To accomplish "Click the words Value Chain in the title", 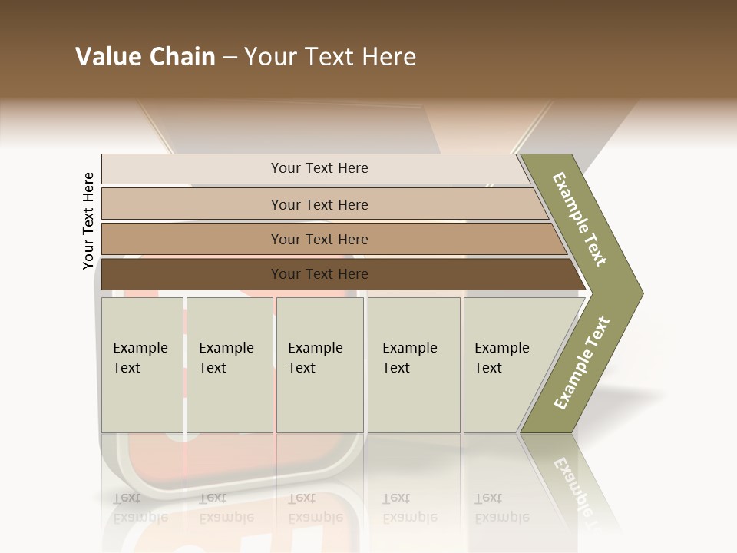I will coord(145,57).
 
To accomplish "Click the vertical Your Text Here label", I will coord(88,220).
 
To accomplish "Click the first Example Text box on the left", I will coord(142,365).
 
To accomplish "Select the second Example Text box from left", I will coord(230,365).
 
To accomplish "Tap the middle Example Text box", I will coord(319,365).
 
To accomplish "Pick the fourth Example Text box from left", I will coord(414,365).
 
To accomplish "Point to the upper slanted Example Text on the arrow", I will coord(580,219).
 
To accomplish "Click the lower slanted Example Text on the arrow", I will coord(582,363).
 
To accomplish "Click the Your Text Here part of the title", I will coord(330,57).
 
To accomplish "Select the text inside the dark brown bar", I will coord(319,274).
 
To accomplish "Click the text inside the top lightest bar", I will coord(319,168).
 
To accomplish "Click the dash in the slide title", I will coord(230,57).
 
